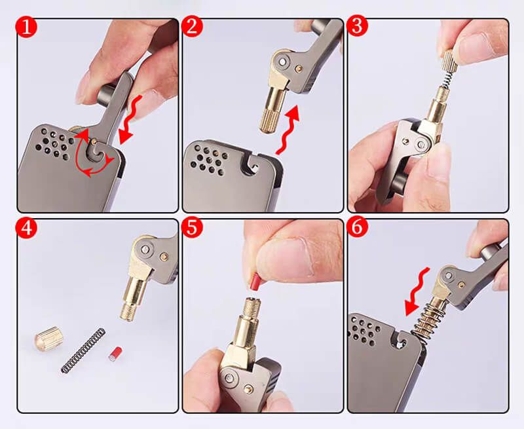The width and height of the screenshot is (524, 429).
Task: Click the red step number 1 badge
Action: click(26, 27)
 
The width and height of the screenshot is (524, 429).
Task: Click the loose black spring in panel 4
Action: click(83, 350)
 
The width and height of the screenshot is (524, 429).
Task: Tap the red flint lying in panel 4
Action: click(115, 354)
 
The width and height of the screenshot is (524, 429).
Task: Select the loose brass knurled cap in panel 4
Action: click(48, 339)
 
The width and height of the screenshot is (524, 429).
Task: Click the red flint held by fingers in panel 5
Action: click(255, 282)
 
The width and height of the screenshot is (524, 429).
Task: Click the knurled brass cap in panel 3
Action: click(450, 60)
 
